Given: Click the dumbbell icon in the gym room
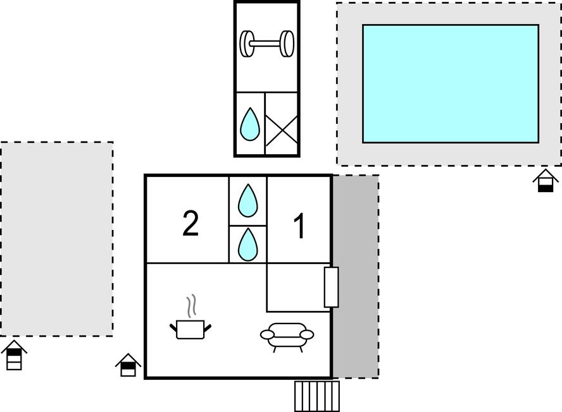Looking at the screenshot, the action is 267,44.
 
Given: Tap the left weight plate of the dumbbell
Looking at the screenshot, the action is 247,44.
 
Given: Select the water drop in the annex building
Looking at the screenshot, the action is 250,124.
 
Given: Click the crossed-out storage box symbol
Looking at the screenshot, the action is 282,130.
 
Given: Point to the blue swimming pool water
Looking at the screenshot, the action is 451,84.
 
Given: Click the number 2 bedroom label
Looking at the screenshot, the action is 190,224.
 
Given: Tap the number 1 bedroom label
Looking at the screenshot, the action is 299,226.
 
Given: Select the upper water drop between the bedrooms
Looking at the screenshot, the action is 248,200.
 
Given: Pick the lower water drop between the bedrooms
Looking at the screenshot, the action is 248,245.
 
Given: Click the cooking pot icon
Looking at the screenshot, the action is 190,329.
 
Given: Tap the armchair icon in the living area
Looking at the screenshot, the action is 287,336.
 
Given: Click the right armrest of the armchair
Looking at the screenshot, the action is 306,335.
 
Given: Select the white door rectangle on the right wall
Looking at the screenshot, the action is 331,287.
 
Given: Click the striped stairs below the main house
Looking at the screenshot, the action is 317,396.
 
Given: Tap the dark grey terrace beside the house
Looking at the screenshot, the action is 356,276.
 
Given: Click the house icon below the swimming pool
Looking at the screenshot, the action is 546,180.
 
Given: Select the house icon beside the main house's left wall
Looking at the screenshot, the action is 128,365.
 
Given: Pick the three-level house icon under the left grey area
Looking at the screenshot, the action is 14,355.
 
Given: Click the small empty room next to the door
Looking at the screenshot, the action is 296,288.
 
